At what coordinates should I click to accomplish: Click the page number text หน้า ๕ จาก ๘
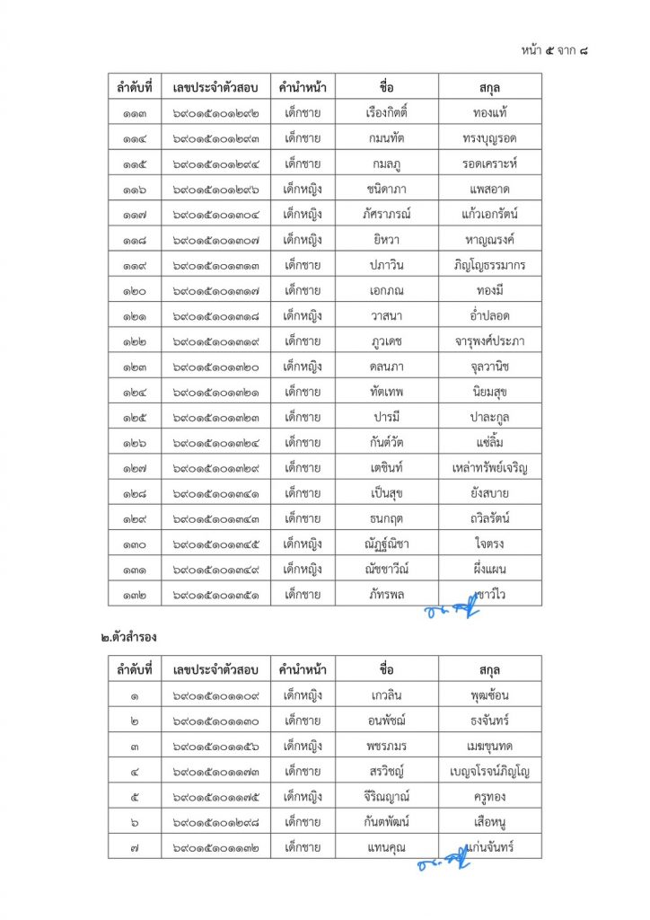pos(555,49)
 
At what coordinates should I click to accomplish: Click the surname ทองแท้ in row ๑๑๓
pos(490,113)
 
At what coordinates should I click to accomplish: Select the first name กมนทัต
pos(388,138)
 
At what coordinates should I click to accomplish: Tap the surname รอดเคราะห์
pos(490,164)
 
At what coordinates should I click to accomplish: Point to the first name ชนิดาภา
pos(388,189)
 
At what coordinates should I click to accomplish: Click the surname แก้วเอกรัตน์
pos(490,215)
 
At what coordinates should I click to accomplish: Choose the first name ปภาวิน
pos(388,265)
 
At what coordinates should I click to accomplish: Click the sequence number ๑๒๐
pos(135,290)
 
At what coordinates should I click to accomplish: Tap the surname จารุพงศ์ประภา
pos(490,341)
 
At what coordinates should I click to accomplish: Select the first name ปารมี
pos(388,417)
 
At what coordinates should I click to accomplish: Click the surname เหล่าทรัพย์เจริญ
pos(490,467)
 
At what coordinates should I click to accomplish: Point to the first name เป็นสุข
pos(388,492)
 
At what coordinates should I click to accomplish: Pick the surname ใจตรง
pos(490,543)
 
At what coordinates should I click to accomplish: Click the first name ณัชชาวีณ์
pos(388,568)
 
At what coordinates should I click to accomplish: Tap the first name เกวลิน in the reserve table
pos(388,694)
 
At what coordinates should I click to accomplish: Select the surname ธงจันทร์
pos(490,720)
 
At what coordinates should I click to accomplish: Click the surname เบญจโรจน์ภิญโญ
pos(490,770)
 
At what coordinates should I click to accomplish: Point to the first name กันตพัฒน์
pos(388,820)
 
